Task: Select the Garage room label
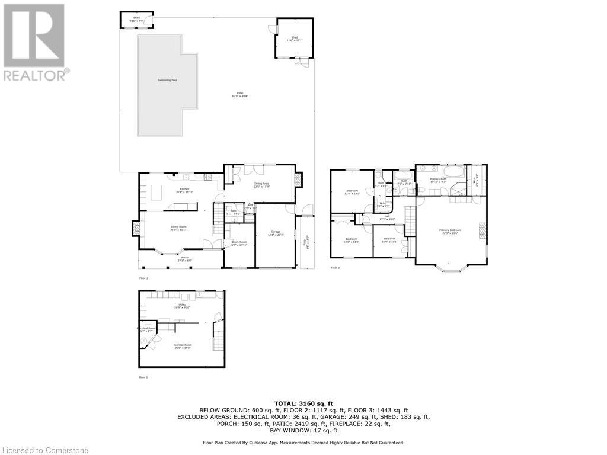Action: click(276, 233)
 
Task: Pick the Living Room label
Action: click(179, 227)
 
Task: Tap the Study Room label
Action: click(239, 243)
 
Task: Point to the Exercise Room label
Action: click(183, 347)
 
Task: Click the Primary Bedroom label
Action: click(450, 231)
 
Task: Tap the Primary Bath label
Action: click(439, 180)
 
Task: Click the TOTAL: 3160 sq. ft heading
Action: click(303, 403)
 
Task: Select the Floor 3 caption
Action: click(335, 268)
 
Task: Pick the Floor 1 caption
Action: click(143, 377)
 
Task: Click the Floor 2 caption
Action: click(143, 277)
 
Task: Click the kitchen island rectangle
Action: click(156, 193)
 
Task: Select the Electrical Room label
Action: click(146, 329)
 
